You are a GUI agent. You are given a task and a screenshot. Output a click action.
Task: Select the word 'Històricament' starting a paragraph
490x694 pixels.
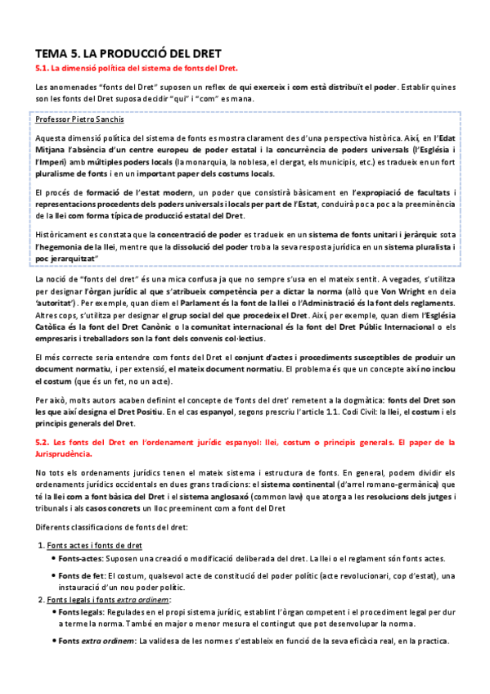click(62, 236)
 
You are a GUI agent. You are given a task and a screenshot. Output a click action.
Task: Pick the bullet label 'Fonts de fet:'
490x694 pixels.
click(82, 577)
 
